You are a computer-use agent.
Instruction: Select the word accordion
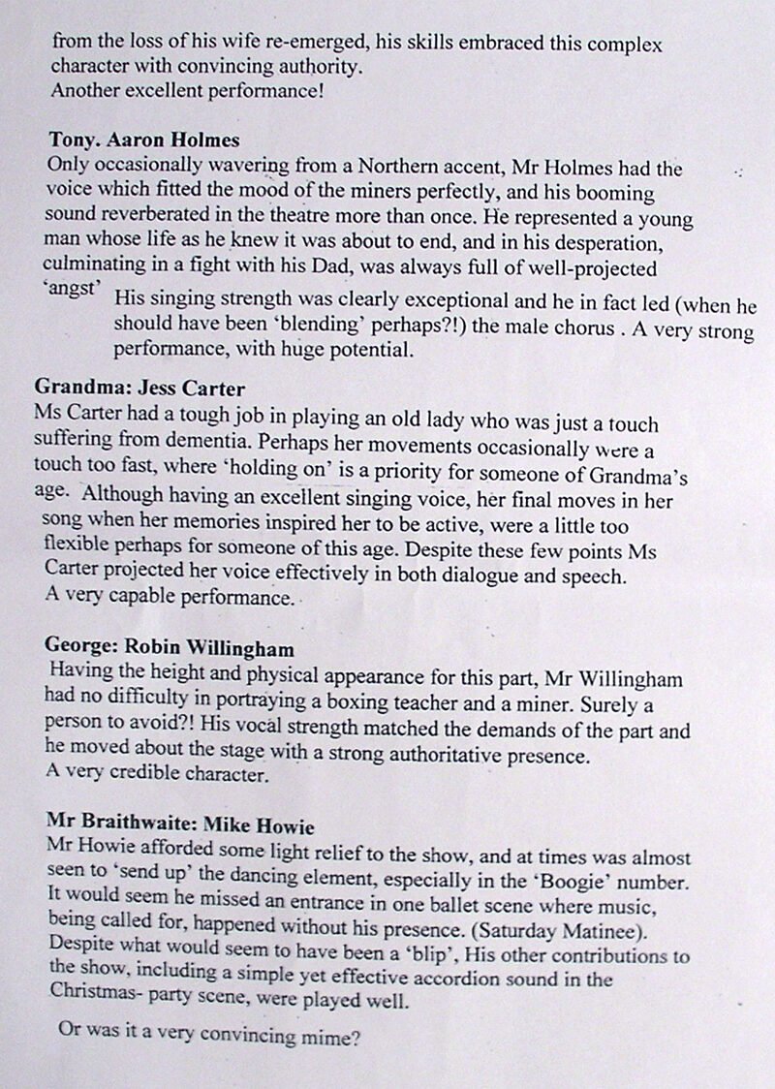[x=448, y=981]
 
